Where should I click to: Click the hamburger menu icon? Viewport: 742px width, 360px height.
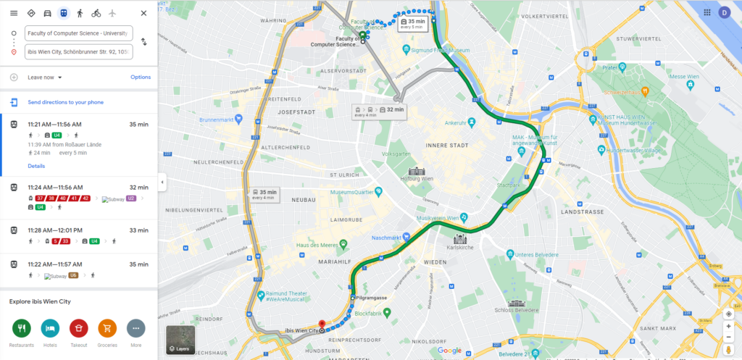pyautogui.click(x=14, y=13)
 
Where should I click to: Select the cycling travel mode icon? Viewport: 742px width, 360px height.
pyautogui.click(x=96, y=13)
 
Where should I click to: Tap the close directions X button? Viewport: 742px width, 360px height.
pyautogui.click(x=143, y=13)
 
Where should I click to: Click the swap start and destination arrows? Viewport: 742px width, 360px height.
pyautogui.click(x=143, y=42)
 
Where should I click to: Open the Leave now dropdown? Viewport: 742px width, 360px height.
pyautogui.click(x=45, y=77)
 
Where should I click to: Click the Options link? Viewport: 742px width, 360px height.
pyautogui.click(x=141, y=77)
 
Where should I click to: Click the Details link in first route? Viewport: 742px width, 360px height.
pyautogui.click(x=36, y=166)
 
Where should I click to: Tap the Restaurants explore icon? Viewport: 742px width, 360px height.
pyautogui.click(x=22, y=328)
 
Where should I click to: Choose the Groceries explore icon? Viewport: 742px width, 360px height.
pyautogui.click(x=107, y=328)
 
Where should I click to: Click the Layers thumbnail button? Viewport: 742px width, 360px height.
pyautogui.click(x=181, y=340)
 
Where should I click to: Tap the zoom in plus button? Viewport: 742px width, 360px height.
pyautogui.click(x=728, y=326)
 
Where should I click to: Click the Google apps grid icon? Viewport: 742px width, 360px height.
pyautogui.click(x=706, y=12)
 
